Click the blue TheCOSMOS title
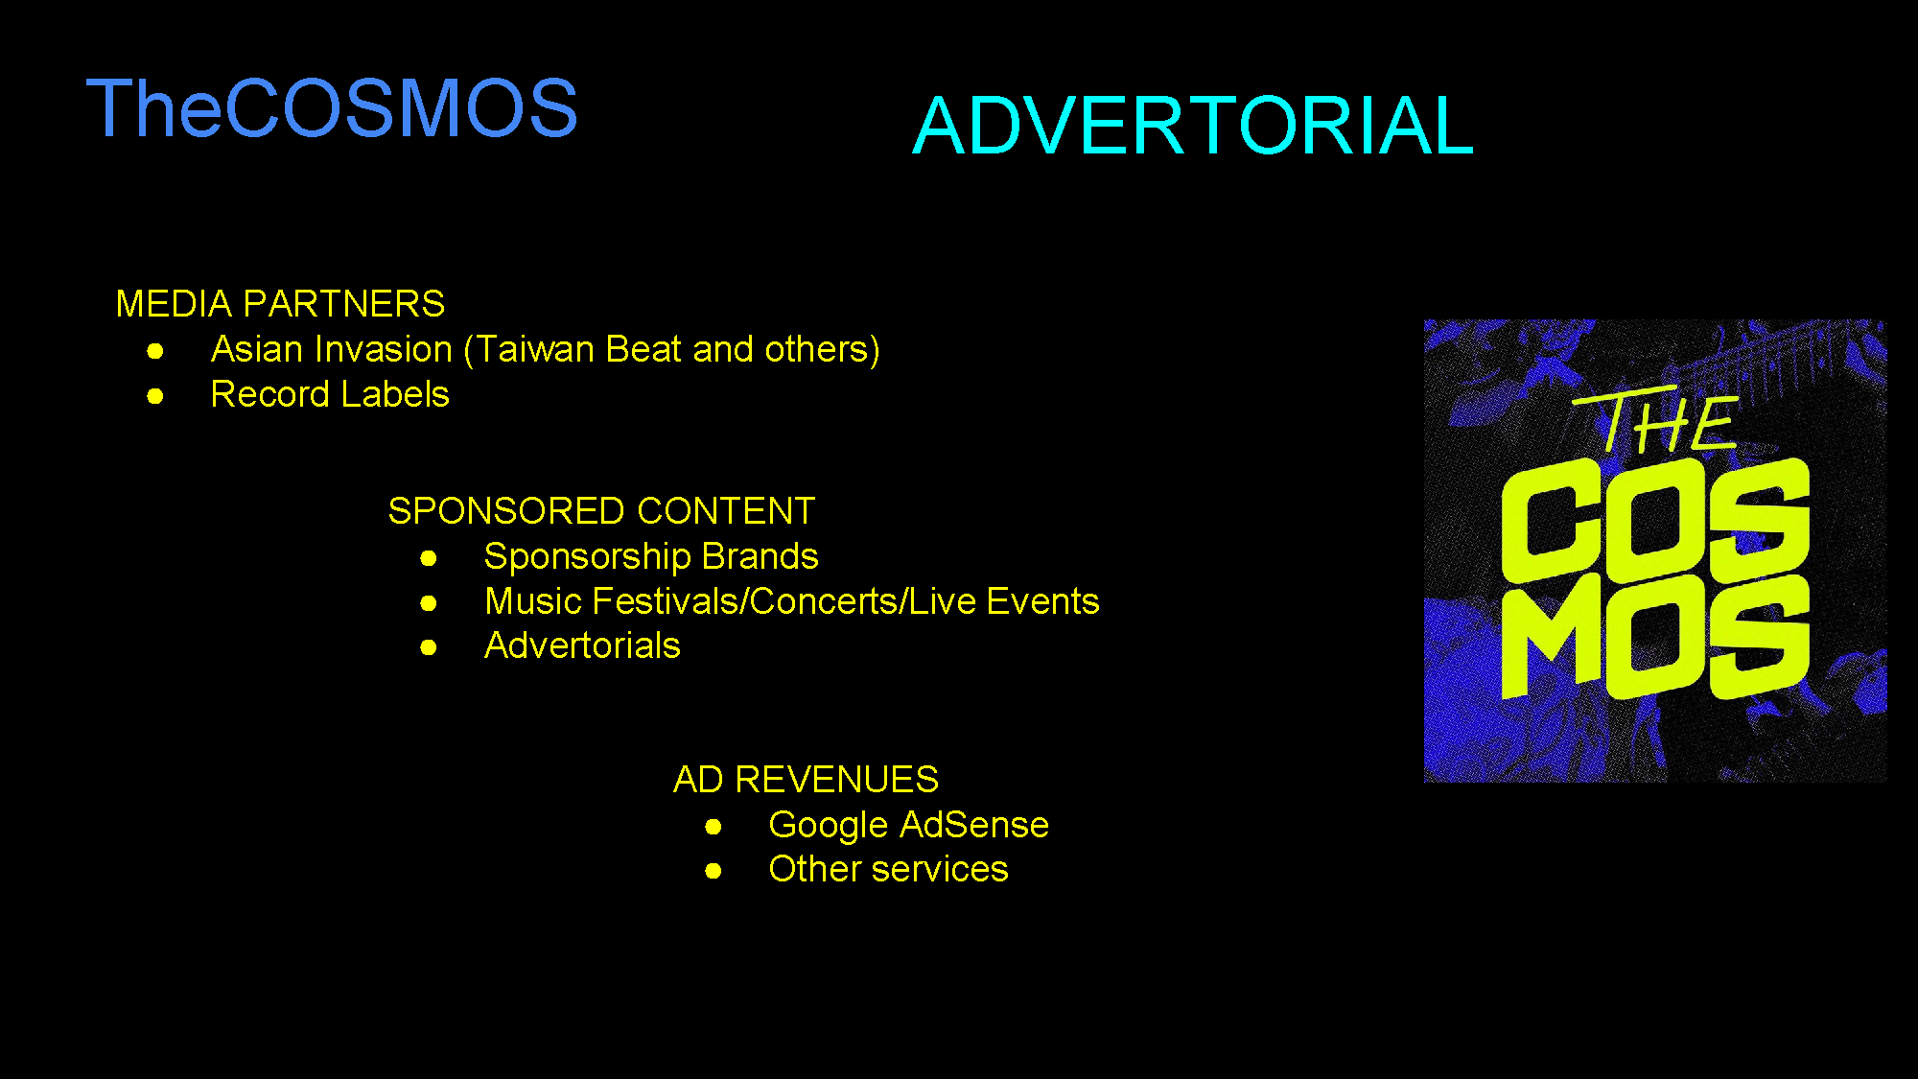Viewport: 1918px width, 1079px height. tap(332, 107)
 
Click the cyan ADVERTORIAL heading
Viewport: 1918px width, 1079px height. tap(1193, 126)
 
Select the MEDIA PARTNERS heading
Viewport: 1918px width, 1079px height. tap(280, 304)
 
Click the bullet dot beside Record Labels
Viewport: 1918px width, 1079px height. tap(155, 396)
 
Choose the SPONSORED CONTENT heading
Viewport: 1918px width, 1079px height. tap(601, 511)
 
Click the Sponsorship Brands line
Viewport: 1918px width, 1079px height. tap(651, 557)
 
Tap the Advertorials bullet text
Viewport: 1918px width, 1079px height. tap(582, 645)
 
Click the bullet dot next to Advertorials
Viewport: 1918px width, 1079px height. tap(429, 647)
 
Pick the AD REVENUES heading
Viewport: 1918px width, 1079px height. tap(806, 780)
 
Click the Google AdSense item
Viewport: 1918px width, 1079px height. tap(908, 826)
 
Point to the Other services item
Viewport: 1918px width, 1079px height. tap(888, 869)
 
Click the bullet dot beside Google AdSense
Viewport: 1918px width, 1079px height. tap(713, 827)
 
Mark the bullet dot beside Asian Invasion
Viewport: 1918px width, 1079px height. tap(155, 352)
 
